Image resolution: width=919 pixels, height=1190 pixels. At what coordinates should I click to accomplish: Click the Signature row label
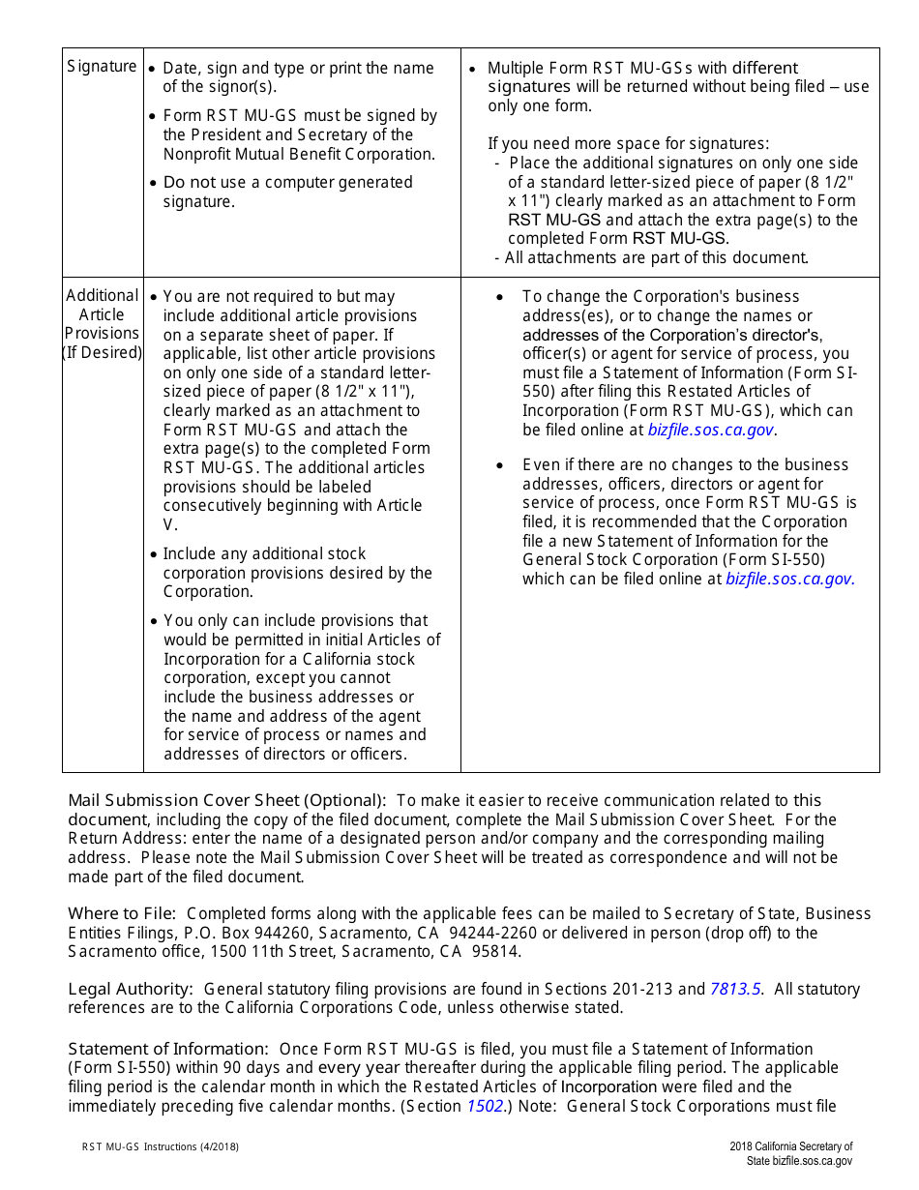(102, 67)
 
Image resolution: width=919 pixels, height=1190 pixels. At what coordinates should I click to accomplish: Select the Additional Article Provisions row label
(102, 324)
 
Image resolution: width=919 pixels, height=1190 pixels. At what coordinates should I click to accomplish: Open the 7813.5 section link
(735, 989)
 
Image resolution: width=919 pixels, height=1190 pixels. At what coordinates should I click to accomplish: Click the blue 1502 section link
(485, 1106)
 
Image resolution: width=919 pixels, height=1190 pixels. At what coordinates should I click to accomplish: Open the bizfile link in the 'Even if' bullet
(789, 580)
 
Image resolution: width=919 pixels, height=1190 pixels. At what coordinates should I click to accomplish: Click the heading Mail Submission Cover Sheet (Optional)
(226, 800)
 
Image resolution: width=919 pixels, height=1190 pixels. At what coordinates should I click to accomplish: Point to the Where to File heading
(122, 913)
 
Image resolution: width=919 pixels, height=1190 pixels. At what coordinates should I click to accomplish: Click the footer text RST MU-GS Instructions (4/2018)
(160, 1146)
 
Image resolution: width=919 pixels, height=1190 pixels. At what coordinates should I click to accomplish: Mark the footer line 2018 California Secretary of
(790, 1146)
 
